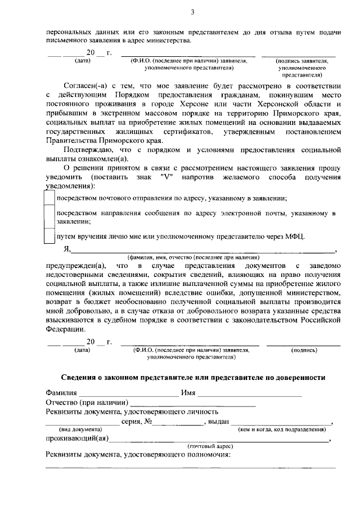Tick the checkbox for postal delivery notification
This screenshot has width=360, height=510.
point(49,199)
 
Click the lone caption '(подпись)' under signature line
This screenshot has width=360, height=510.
point(304,350)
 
